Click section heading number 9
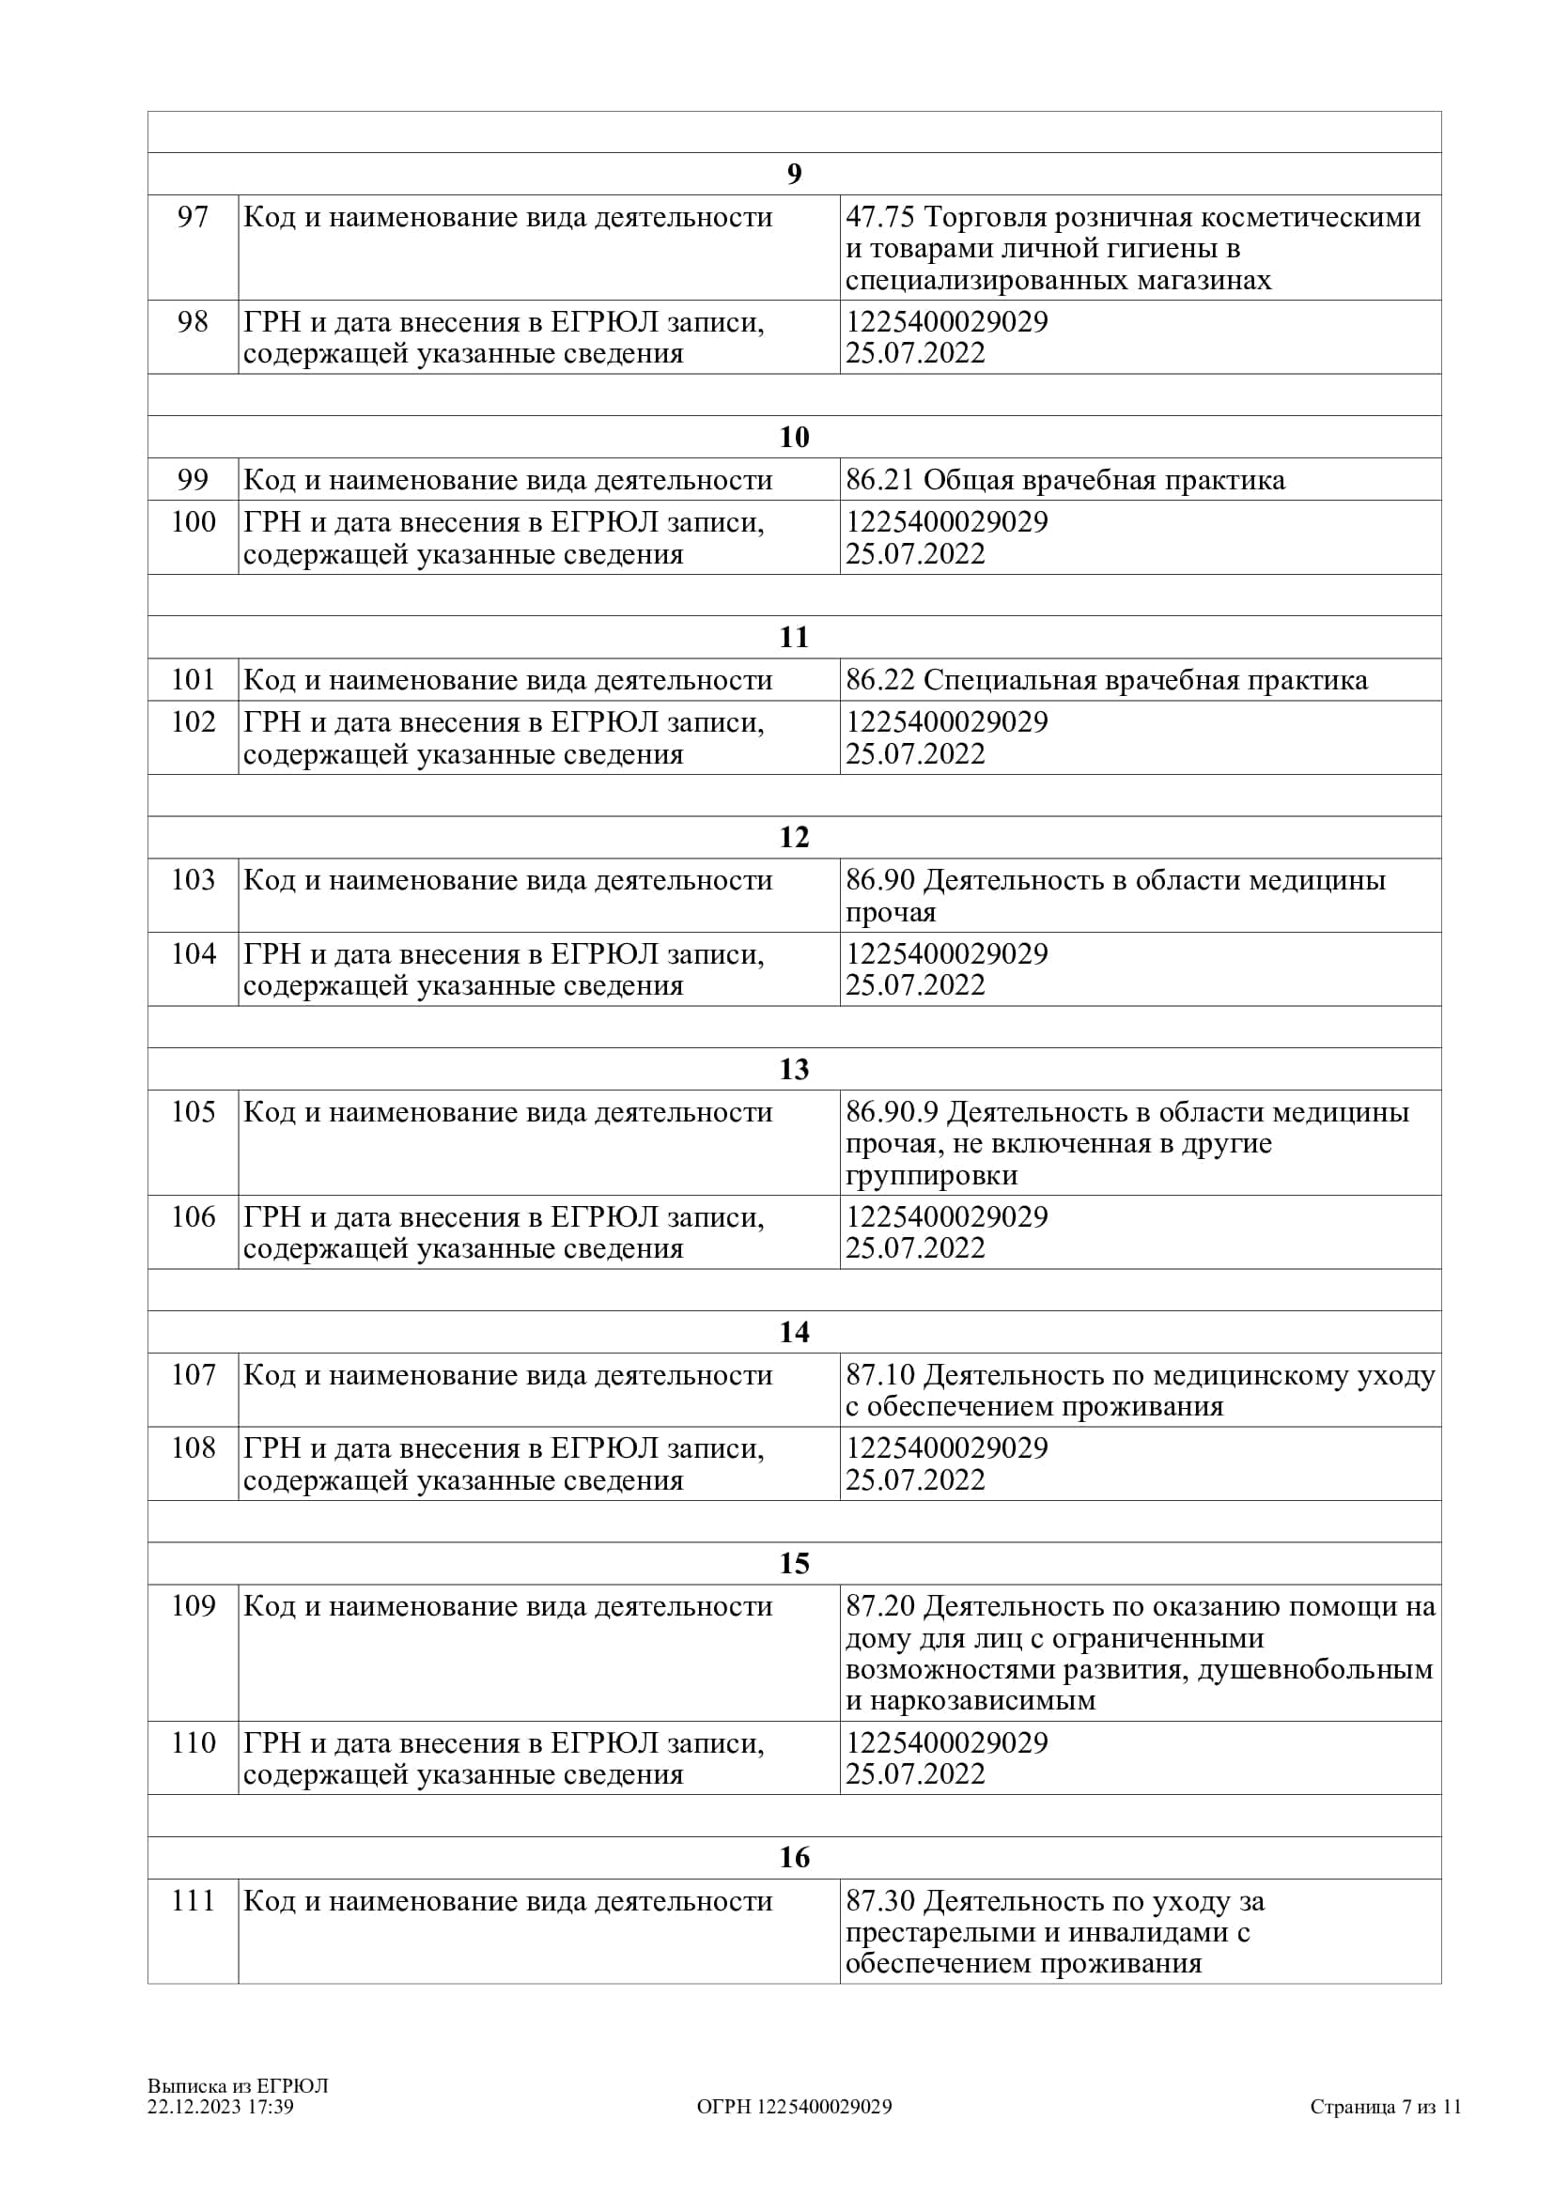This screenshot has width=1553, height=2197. point(794,174)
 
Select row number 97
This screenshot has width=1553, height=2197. point(193,217)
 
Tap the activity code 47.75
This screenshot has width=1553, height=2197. point(879,217)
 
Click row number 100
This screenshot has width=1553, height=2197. point(193,521)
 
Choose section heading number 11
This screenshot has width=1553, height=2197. point(794,637)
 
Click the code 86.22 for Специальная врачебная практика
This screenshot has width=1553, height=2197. point(879,680)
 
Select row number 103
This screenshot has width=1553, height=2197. point(193,880)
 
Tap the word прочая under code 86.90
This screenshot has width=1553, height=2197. point(890,913)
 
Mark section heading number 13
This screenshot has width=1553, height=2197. point(794,1069)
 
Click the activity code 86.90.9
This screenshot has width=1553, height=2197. point(891,1112)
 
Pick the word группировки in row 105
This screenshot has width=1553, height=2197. point(931,1175)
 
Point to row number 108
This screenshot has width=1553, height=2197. point(193,1448)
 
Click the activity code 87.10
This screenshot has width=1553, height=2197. point(879,1376)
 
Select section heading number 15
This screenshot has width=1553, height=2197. point(794,1564)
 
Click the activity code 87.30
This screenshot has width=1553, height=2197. point(879,1901)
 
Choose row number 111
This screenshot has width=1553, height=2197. point(193,1901)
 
